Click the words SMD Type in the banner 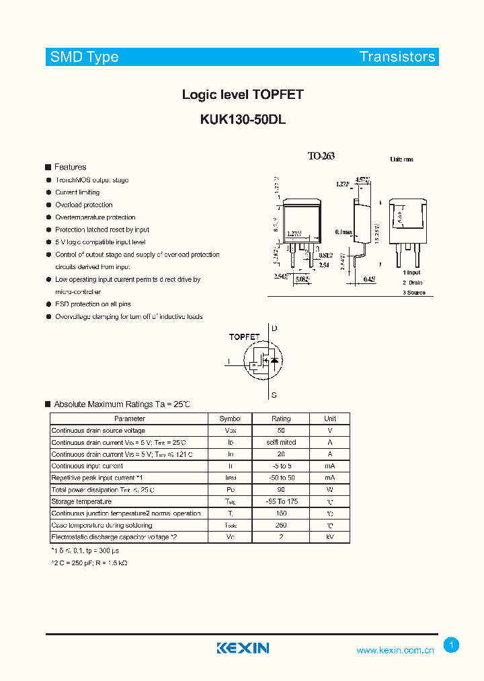84,57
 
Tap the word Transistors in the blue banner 397,57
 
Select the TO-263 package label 321,156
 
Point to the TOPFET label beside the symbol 244,336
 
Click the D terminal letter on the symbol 274,328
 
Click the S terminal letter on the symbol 274,395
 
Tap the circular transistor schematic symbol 266,361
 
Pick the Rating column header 281,419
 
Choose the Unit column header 330,419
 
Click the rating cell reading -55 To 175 281,501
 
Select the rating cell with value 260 281,525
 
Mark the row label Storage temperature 81,501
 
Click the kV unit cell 330,537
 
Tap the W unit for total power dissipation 330,489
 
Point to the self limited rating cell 281,442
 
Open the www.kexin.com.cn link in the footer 395,651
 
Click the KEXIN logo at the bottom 243,648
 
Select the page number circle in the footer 452,645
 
